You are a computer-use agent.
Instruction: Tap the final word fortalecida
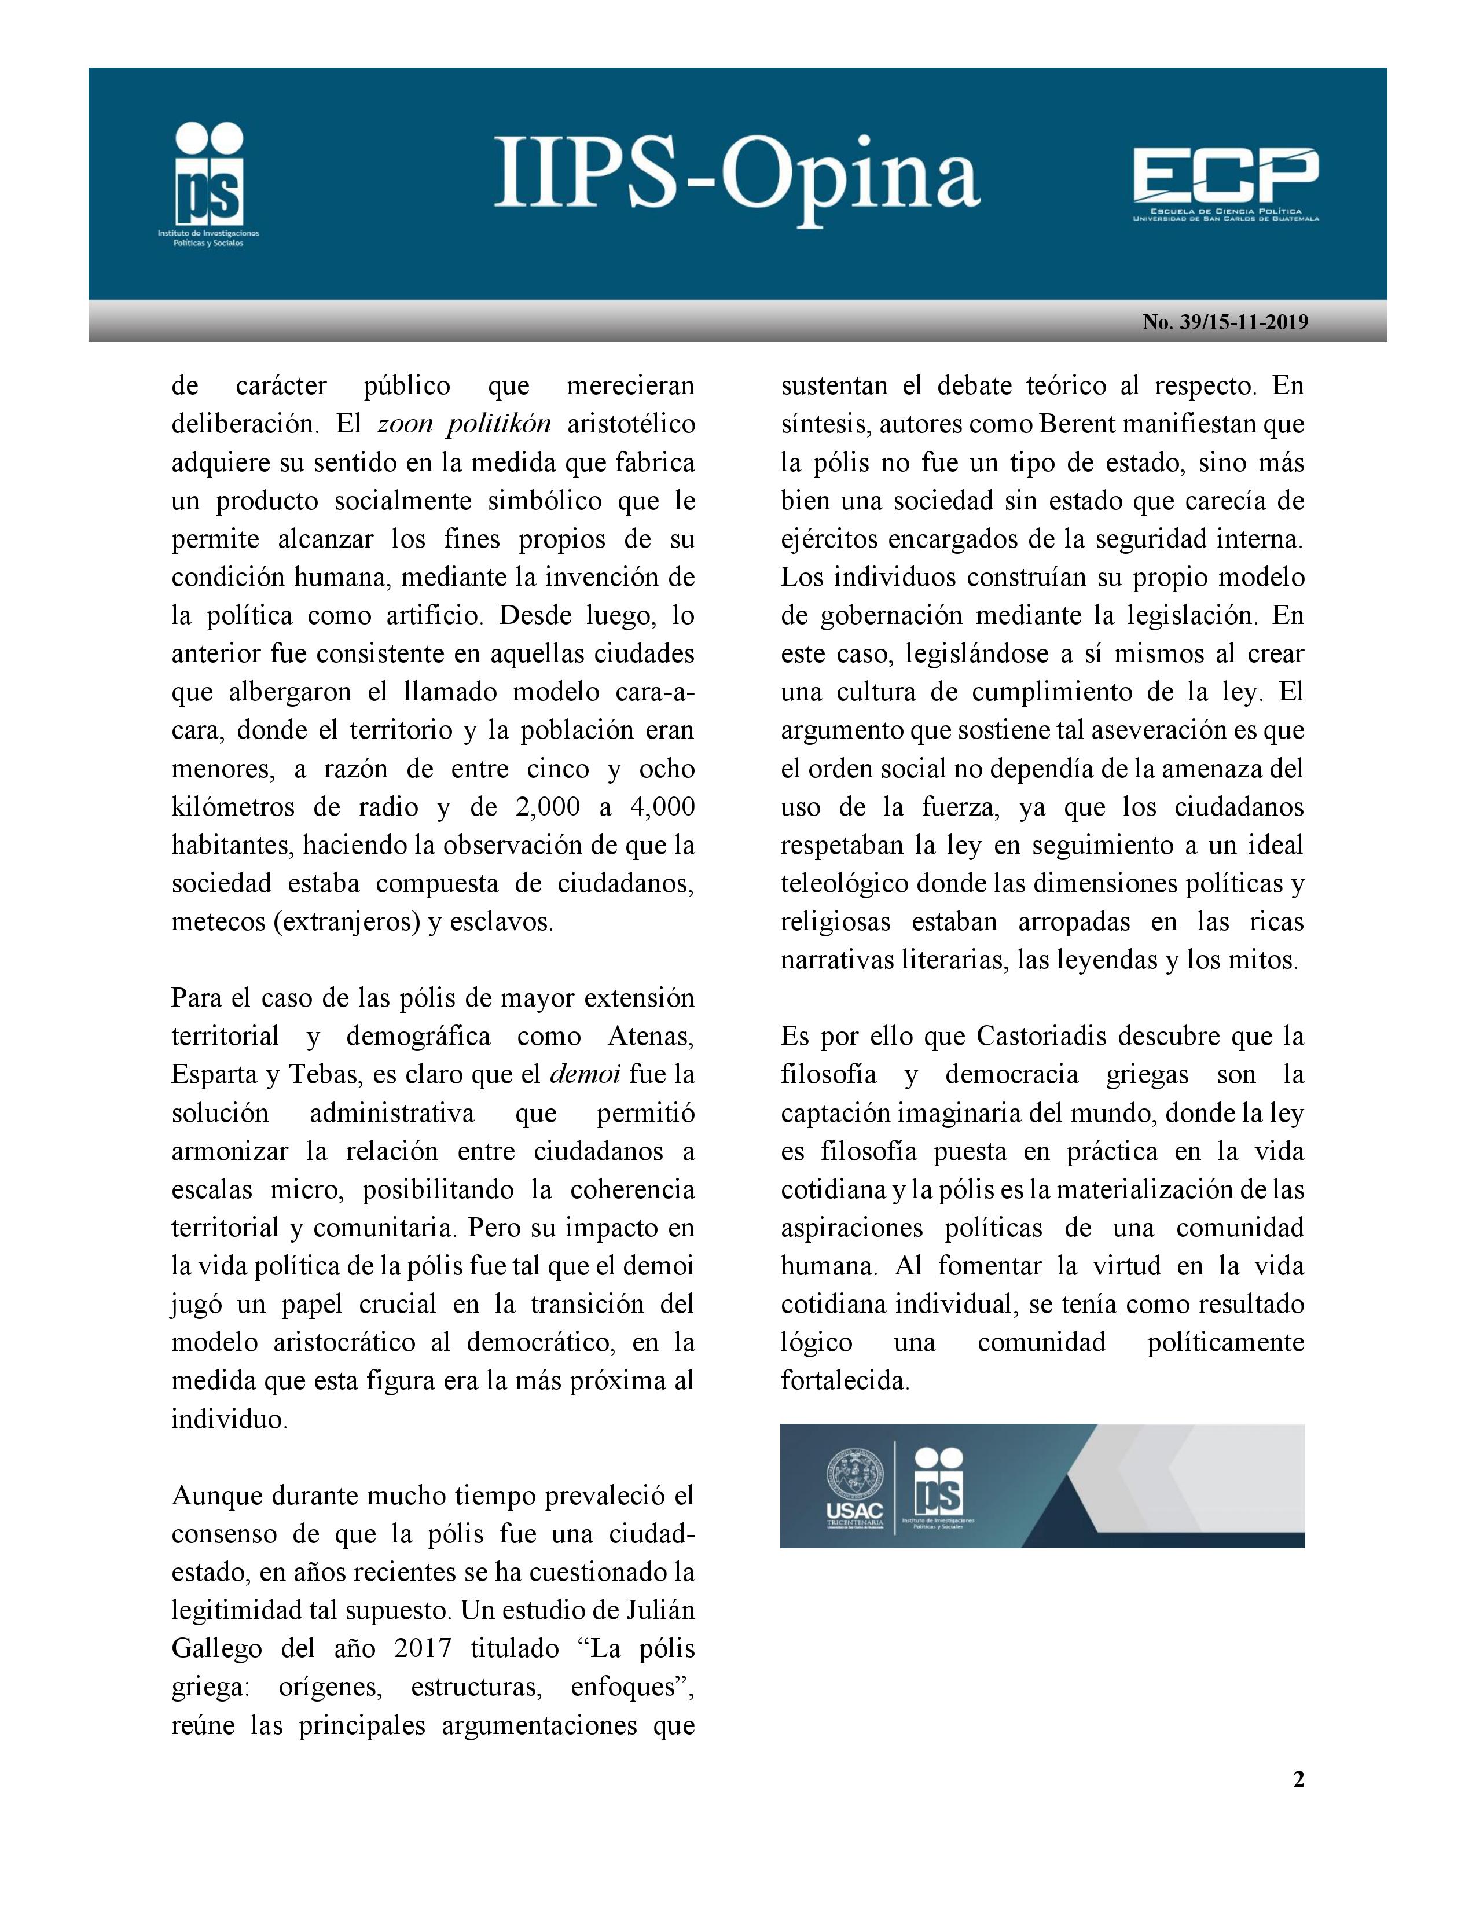(845, 1381)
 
